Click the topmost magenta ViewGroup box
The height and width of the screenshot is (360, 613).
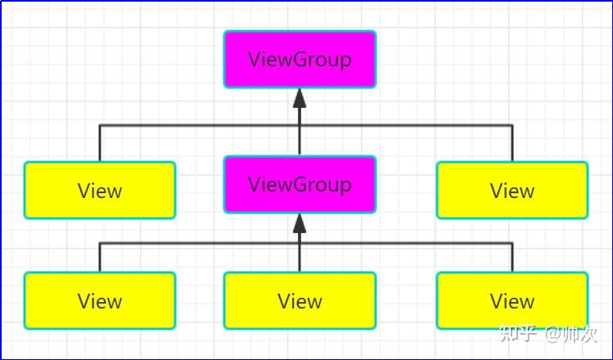click(x=300, y=59)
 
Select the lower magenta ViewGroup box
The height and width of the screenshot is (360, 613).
click(x=300, y=184)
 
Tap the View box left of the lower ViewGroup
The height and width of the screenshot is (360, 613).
click(x=100, y=191)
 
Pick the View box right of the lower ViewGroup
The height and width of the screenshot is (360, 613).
click(x=512, y=191)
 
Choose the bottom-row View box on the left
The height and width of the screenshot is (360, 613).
click(x=100, y=300)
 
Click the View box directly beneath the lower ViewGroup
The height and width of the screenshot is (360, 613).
click(x=300, y=300)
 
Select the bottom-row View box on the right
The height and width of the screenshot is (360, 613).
click(x=512, y=300)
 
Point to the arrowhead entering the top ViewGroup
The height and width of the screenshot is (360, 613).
click(x=300, y=97)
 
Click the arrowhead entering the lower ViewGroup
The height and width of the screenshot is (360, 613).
click(x=300, y=223)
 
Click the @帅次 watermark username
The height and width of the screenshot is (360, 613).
click(x=571, y=333)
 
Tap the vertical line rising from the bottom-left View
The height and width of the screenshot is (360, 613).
click(x=100, y=257)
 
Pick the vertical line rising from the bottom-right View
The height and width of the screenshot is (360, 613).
click(x=512, y=257)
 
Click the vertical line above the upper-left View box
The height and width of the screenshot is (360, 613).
click(x=100, y=143)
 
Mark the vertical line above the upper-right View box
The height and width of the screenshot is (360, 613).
click(x=512, y=143)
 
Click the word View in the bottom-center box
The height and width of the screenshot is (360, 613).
click(x=300, y=300)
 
